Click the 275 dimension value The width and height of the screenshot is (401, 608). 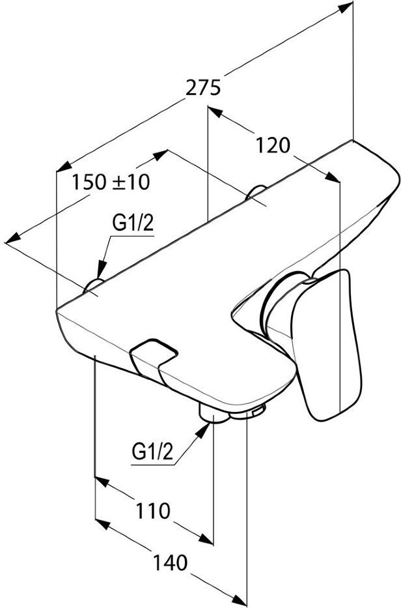tap(203, 87)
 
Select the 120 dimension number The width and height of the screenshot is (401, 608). tap(273, 145)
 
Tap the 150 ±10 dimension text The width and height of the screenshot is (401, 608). tap(111, 181)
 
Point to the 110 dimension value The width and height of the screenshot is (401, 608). tap(152, 511)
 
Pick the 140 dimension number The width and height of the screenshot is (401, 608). tap(170, 562)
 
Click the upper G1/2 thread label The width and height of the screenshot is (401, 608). tap(133, 224)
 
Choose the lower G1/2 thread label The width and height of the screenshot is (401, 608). tap(152, 452)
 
